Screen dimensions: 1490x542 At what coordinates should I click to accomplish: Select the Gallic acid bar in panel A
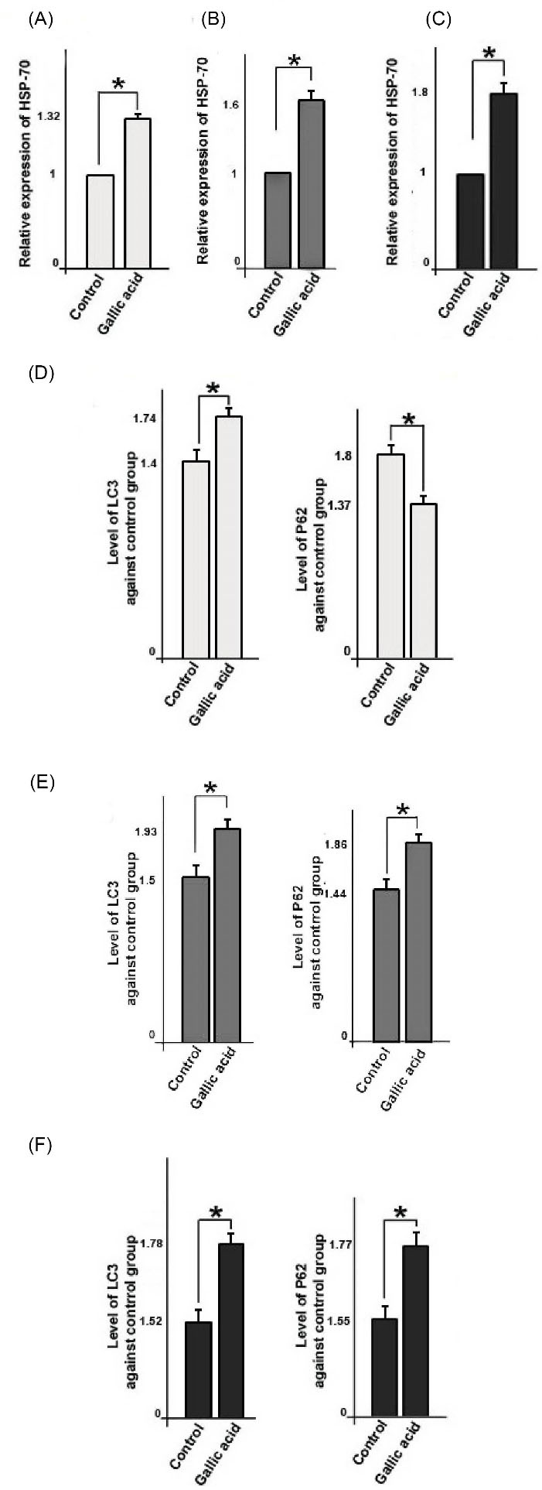(137, 193)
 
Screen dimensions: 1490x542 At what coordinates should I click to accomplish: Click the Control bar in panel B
(277, 220)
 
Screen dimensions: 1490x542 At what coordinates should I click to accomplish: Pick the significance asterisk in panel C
(489, 54)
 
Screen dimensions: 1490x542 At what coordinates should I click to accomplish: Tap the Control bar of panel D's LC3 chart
(196, 560)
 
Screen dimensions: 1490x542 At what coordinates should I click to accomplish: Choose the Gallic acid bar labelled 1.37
(422, 580)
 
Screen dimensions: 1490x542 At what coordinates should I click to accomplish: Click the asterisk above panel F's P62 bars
(401, 1211)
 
